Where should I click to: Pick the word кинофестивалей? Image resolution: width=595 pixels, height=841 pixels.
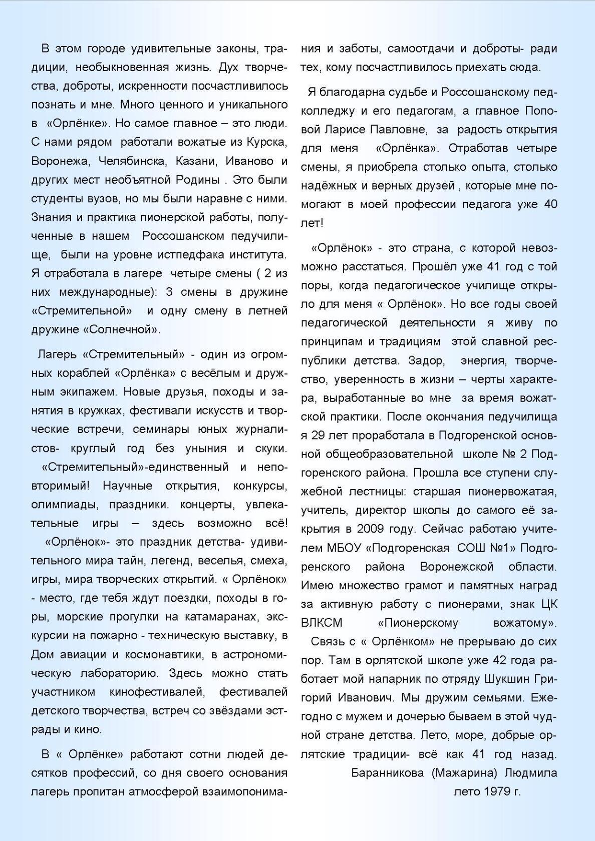(x=157, y=692)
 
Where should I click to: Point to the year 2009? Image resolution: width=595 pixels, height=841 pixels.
(x=372, y=529)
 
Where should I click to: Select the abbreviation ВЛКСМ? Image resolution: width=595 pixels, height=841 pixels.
(x=322, y=623)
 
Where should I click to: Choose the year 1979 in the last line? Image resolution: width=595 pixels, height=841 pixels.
(x=495, y=792)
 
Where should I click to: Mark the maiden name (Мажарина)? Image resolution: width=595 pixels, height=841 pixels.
(x=464, y=773)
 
